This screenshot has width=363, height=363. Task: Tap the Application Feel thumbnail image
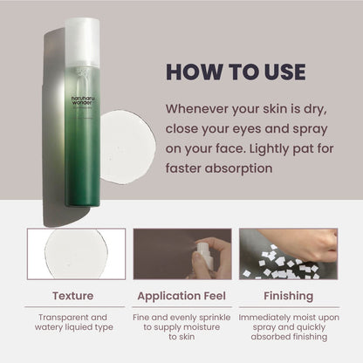[x=181, y=254]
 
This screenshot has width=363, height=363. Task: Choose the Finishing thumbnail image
[x=288, y=254]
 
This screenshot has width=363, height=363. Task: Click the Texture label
[x=72, y=295]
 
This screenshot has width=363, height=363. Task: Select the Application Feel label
[x=181, y=295]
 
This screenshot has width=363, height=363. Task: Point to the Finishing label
[x=288, y=295]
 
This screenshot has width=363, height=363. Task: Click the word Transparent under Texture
[x=53, y=318]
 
